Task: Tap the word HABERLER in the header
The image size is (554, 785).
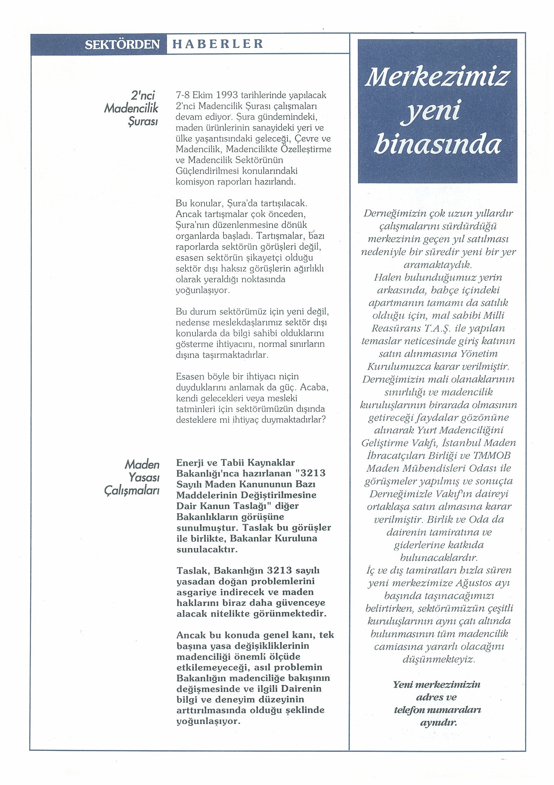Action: (x=217, y=44)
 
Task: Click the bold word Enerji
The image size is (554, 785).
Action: (x=190, y=463)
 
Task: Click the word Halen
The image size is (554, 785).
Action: (x=387, y=277)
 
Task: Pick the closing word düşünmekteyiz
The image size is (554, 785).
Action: (x=438, y=659)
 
